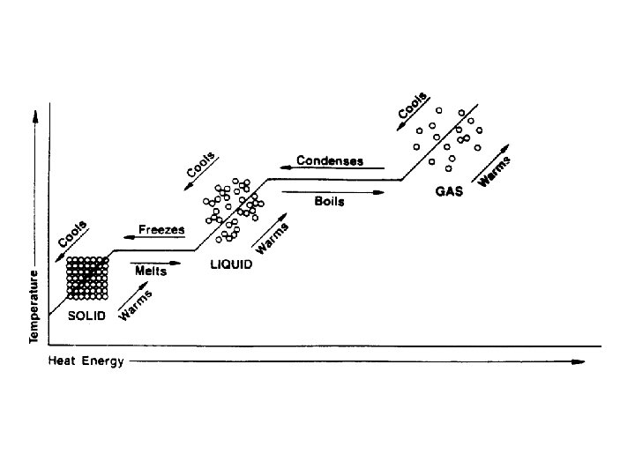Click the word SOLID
[x=87, y=316]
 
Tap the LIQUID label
[x=231, y=264]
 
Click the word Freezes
[x=161, y=230]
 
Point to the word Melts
[x=151, y=271]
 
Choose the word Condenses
[x=330, y=160]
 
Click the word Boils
[x=329, y=202]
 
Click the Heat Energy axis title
[x=86, y=361]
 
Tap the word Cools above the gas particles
[x=413, y=106]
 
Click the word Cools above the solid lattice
[x=72, y=234]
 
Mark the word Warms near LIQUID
[x=272, y=234]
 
